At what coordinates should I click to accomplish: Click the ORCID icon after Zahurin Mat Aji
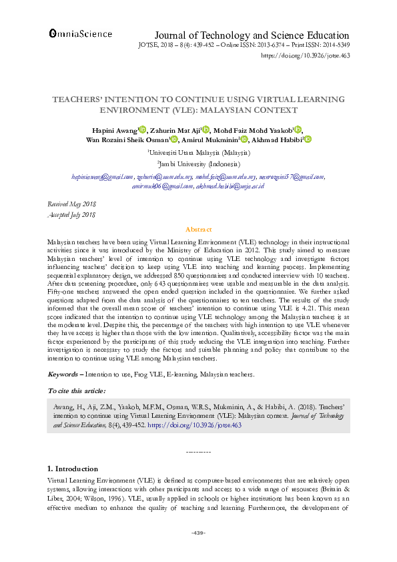(206, 129)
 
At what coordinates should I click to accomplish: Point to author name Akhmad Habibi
(276, 139)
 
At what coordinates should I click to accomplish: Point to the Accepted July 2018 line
(72, 214)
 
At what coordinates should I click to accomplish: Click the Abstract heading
(198, 228)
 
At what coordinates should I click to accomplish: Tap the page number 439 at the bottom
(198, 532)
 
